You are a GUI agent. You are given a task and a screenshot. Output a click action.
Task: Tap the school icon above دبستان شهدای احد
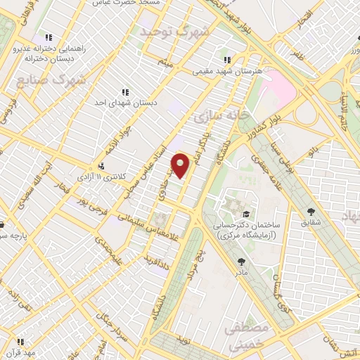125,91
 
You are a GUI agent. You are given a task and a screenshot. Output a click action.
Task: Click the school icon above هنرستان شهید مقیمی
226,60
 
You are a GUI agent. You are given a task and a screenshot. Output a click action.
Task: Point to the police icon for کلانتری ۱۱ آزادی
101,167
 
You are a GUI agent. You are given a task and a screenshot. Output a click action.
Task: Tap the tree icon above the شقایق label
311,210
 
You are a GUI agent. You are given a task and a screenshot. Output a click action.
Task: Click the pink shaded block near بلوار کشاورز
278,88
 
